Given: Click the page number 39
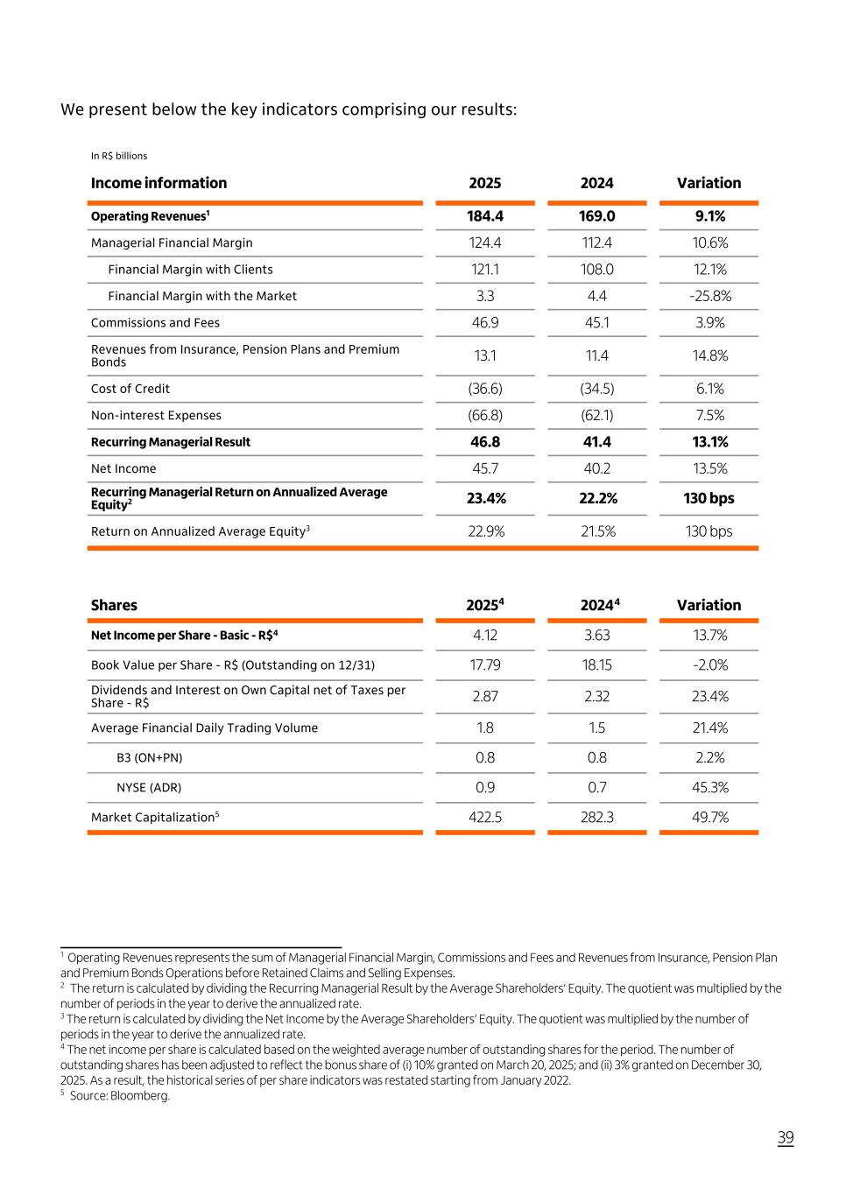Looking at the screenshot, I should [786, 1137].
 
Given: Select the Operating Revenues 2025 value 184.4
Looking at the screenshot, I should [485, 216].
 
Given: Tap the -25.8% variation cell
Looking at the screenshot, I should [709, 296].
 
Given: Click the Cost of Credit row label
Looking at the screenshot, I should [130, 389].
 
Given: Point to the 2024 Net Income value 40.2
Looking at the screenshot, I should [597, 468].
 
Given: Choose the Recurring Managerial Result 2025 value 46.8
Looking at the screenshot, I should [485, 442].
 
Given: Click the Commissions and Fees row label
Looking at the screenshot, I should [155, 322].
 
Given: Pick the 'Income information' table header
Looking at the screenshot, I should [159, 183].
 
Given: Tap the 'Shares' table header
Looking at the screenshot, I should [114, 605].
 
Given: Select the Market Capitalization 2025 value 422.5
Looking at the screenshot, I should [485, 817].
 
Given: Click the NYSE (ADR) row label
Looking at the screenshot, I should [149, 787].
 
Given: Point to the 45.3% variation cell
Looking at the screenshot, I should [709, 787].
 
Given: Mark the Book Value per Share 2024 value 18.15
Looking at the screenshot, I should [597, 664].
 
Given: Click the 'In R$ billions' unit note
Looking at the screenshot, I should [119, 156].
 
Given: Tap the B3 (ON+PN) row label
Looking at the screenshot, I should [150, 757].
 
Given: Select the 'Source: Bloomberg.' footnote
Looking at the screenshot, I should [119, 1095].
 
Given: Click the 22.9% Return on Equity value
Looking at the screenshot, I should [486, 531].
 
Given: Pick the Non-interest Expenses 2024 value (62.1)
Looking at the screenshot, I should [597, 415].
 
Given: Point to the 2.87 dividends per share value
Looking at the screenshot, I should [485, 696].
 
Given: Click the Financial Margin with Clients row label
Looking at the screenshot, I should [190, 270].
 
